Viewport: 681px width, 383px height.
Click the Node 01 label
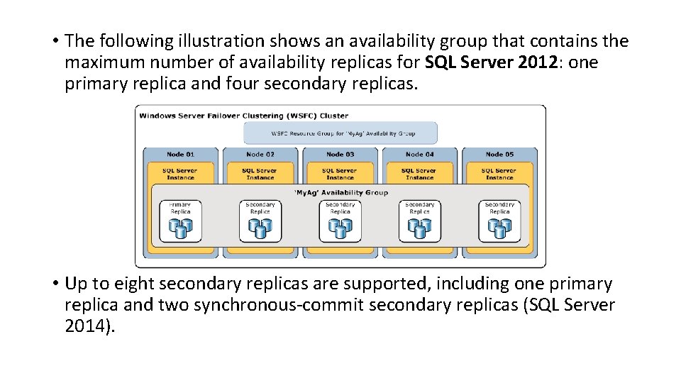coord(181,154)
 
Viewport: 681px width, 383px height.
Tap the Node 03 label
coord(340,154)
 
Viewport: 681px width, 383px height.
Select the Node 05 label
coord(499,154)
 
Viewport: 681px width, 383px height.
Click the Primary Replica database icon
coord(180,227)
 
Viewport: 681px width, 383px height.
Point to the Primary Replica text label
coord(180,208)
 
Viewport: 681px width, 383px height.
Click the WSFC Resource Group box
coord(340,133)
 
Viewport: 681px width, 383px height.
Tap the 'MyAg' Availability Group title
coord(340,192)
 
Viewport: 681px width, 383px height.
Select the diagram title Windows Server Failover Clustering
coord(243,115)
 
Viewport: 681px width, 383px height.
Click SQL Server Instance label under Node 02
coord(260,174)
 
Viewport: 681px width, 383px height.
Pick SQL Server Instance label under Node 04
coord(419,174)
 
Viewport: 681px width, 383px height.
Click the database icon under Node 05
coord(499,227)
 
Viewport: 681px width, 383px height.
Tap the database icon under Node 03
coord(340,227)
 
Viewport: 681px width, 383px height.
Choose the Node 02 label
coord(260,154)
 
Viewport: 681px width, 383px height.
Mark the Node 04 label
coord(419,154)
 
